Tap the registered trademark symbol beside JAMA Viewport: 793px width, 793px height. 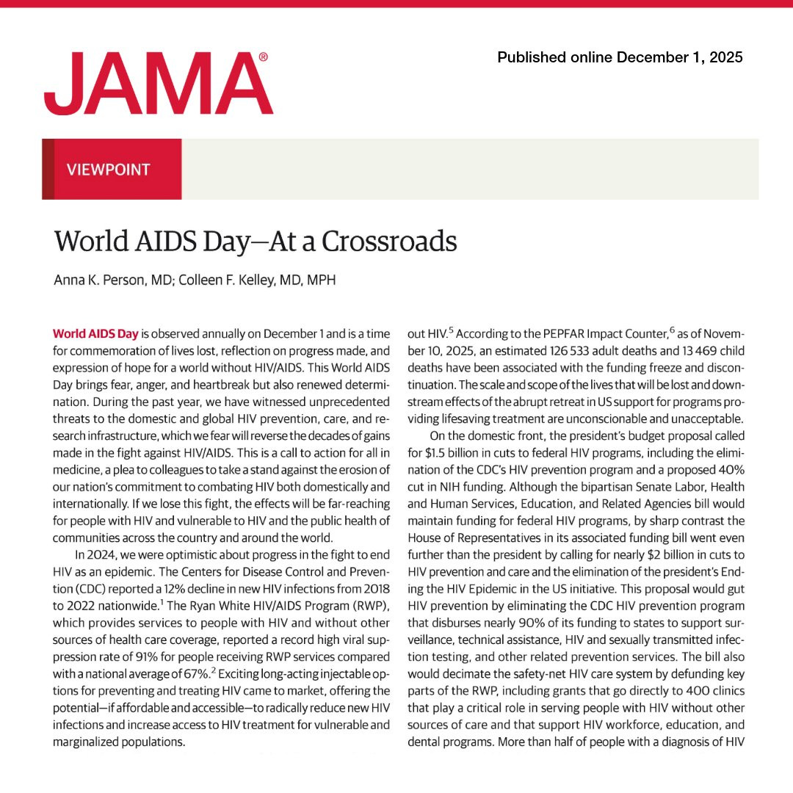click(x=264, y=57)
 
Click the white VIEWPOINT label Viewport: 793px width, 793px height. click(x=108, y=170)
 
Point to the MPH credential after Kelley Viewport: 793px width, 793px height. click(x=322, y=280)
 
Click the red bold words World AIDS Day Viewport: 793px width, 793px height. click(x=95, y=332)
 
